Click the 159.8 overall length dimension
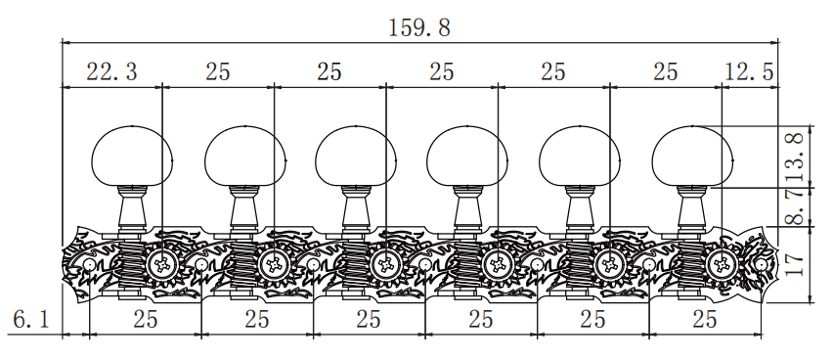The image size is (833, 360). point(419,27)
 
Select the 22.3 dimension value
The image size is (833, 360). point(111,71)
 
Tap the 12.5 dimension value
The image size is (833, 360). point(749,71)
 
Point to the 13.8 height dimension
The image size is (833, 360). point(796,157)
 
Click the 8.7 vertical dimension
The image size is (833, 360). point(796,207)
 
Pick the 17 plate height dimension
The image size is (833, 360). point(796,264)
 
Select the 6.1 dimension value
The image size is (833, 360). point(31,320)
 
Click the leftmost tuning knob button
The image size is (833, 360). point(132,156)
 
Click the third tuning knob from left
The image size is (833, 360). point(356,156)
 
